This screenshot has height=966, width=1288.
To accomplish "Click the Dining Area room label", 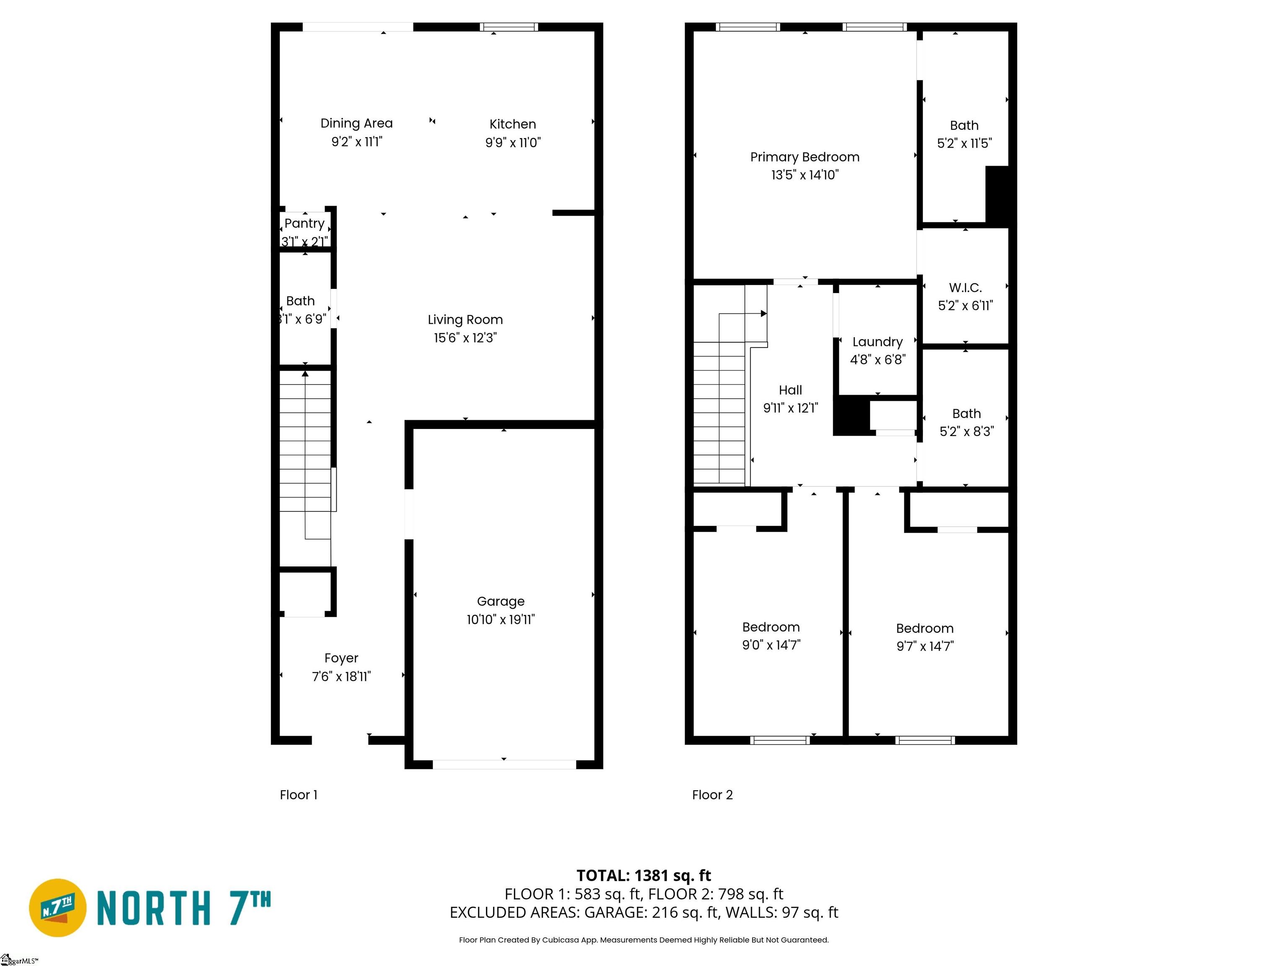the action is [356, 123].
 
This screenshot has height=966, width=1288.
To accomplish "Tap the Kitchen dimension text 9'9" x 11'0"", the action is [513, 143].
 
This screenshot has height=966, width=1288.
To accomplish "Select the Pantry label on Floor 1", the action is [304, 223].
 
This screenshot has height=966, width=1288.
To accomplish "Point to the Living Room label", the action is [465, 319].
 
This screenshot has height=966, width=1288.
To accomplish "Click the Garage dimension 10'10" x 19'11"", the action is [501, 620].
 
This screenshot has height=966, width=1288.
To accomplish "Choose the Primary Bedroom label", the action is [805, 157].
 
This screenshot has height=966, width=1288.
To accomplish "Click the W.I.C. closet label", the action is [966, 288].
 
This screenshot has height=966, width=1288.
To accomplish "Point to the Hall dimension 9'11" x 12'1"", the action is [791, 408].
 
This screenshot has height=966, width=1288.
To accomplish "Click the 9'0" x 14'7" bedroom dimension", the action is [771, 645].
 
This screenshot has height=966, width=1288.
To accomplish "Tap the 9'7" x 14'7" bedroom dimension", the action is [925, 647].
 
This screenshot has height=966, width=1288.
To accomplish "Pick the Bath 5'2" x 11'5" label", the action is [964, 126].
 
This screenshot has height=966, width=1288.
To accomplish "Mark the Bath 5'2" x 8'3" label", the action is [966, 414].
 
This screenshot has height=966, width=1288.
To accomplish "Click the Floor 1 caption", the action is [299, 795].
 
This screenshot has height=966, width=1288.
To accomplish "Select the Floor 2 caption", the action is [712, 795].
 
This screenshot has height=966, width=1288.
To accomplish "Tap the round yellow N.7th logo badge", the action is [57, 908].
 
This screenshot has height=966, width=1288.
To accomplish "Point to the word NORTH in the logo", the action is [153, 909].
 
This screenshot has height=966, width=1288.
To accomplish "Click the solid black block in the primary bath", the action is [997, 196].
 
